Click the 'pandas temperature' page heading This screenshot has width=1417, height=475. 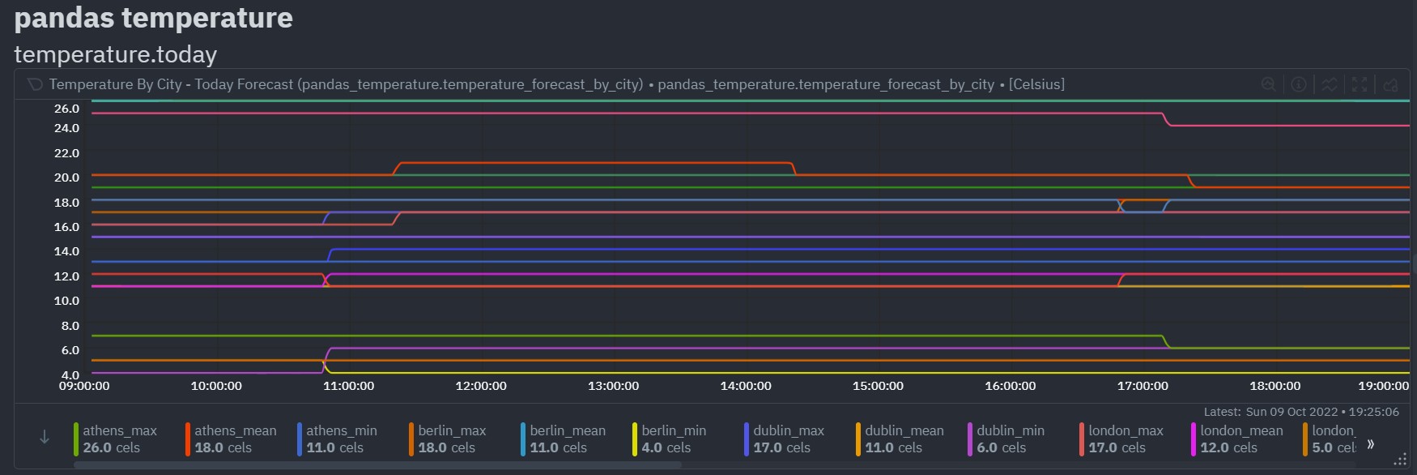pyautogui.click(x=154, y=18)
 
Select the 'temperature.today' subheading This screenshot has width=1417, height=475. pyautogui.click(x=116, y=54)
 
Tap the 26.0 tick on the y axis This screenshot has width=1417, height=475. pyautogui.click(x=66, y=109)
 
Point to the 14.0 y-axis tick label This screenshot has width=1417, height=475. pyautogui.click(x=66, y=251)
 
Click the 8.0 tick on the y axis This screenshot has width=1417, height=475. pyautogui.click(x=70, y=326)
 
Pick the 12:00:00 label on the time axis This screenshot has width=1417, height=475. pyautogui.click(x=481, y=386)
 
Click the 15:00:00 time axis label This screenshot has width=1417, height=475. pyautogui.click(x=878, y=386)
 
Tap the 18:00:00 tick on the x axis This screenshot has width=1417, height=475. pyautogui.click(x=1274, y=386)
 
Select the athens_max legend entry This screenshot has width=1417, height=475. pyautogui.click(x=120, y=431)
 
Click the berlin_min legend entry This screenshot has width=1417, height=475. pyautogui.click(x=674, y=431)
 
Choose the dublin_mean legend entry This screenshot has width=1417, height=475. pyautogui.click(x=904, y=431)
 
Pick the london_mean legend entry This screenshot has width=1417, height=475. pyautogui.click(x=1241, y=431)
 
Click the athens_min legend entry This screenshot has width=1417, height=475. pyautogui.click(x=342, y=431)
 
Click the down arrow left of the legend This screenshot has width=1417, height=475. pyautogui.click(x=45, y=438)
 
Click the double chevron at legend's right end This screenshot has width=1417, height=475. pyautogui.click(x=1370, y=444)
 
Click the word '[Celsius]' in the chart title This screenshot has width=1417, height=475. pyautogui.click(x=1036, y=84)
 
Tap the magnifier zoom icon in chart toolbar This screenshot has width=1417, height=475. pyautogui.click(x=1269, y=84)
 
